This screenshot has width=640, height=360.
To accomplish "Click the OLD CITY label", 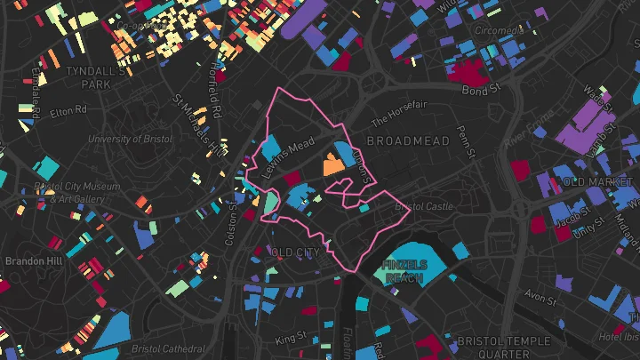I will pos(295,252).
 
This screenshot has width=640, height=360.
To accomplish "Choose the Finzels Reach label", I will pos(405,271).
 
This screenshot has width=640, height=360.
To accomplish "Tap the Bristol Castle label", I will pos(417,206).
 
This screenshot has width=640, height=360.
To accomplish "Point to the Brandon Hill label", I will pos(34,261).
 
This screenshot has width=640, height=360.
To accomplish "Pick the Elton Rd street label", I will pos(68,111).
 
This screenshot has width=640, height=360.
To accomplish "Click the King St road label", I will pos(291,338).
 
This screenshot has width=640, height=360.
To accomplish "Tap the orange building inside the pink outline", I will pos(333,164).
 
